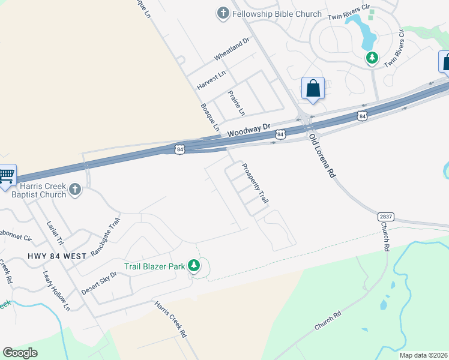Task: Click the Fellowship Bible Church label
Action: tap(277, 14)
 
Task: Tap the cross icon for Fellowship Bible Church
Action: tap(223, 13)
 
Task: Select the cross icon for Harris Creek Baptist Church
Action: tap(74, 190)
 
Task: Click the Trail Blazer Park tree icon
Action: tap(193, 265)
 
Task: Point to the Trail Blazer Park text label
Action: tap(155, 266)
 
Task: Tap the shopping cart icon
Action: tap(5, 176)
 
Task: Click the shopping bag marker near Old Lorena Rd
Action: tap(313, 89)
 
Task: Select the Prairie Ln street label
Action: tap(237, 103)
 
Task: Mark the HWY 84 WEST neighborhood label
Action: tap(57, 256)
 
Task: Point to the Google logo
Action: tap(20, 353)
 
